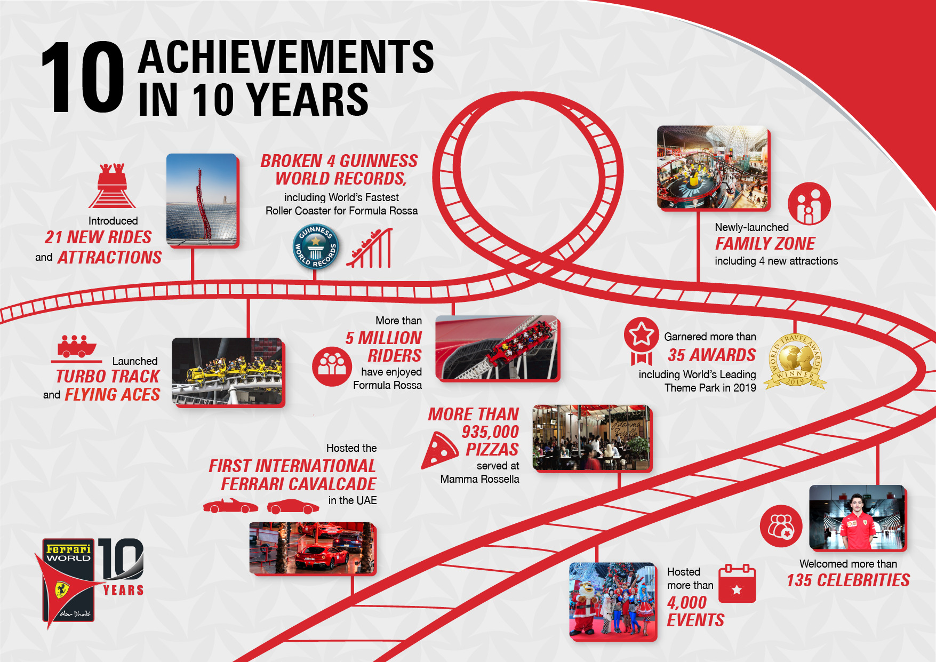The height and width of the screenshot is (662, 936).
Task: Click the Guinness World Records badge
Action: (x=316, y=246)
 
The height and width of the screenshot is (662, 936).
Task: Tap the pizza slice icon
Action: (x=439, y=451)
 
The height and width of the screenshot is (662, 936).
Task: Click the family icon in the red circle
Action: (x=809, y=204)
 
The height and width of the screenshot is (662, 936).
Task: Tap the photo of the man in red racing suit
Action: (x=857, y=517)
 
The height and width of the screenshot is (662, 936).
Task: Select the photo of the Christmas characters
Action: (x=612, y=601)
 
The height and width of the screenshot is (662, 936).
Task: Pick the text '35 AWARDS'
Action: (x=711, y=355)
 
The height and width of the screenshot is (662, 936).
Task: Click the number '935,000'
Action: (x=490, y=432)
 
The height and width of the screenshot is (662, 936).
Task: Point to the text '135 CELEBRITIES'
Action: (x=848, y=580)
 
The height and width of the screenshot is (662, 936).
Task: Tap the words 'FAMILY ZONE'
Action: (x=765, y=244)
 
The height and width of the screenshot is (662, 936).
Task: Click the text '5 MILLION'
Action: (x=383, y=338)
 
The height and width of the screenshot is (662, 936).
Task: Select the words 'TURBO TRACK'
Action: (x=108, y=377)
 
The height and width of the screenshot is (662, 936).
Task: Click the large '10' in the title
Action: (x=82, y=78)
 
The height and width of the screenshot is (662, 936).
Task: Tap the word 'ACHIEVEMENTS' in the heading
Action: (x=286, y=57)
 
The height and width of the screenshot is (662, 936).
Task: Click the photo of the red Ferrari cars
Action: (x=312, y=548)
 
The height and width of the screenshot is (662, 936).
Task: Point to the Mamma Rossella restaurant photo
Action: (x=591, y=437)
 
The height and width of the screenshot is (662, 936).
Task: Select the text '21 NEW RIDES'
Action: (x=98, y=237)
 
